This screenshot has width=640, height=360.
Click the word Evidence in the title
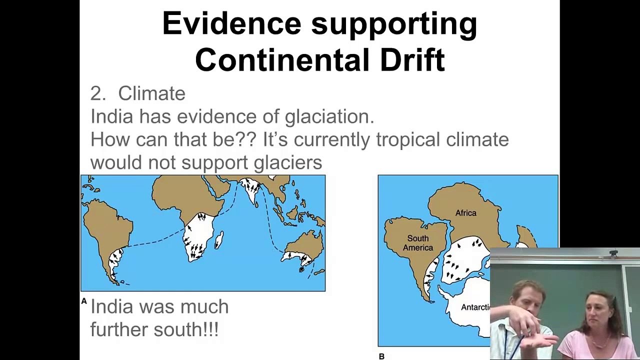click(232, 23)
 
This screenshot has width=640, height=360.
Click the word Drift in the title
click(412, 60)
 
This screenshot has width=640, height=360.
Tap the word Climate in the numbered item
click(151, 93)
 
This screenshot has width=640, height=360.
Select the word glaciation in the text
click(329, 116)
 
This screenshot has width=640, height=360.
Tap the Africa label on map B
click(465, 213)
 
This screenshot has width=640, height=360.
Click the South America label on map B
click(417, 243)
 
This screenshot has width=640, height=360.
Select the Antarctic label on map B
click(475, 307)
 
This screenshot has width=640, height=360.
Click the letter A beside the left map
click(84, 301)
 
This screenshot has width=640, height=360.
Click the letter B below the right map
click(381, 356)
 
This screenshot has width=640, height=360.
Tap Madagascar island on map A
click(218, 240)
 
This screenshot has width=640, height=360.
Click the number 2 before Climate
click(96, 93)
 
